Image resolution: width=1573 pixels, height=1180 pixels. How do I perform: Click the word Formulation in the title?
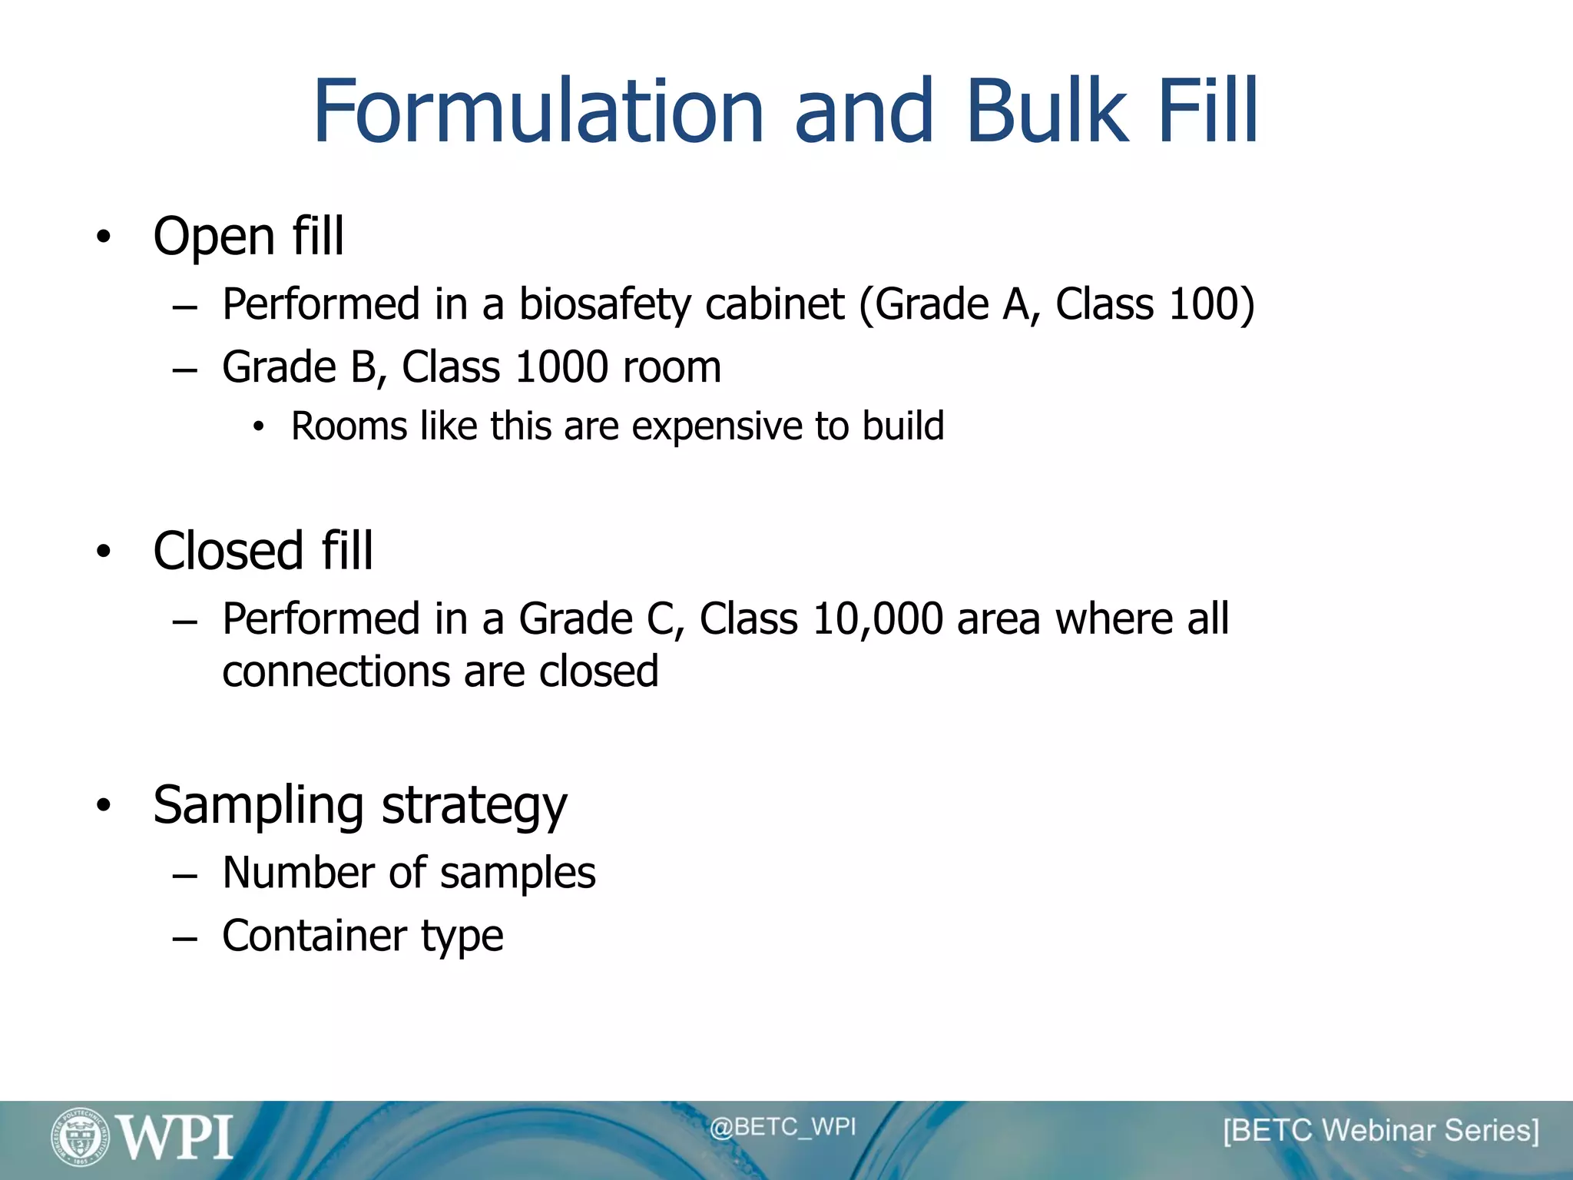click(538, 112)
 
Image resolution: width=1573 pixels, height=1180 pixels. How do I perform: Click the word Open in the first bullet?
click(214, 237)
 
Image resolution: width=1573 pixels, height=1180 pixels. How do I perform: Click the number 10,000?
click(877, 619)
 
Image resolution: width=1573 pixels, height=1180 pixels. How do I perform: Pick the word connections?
click(336, 672)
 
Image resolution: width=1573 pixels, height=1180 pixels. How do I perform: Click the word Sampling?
click(258, 807)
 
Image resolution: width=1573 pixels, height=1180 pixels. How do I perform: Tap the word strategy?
click(474, 807)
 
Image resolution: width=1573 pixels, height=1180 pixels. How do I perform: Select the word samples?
click(518, 874)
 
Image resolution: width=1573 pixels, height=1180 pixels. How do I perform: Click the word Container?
click(313, 936)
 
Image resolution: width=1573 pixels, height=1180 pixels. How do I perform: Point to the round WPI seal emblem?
click(80, 1136)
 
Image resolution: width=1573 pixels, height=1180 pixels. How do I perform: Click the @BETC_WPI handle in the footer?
click(782, 1127)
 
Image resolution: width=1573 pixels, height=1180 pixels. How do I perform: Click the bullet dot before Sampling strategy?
click(104, 805)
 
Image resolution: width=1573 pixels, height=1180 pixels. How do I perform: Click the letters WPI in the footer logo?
click(175, 1138)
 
